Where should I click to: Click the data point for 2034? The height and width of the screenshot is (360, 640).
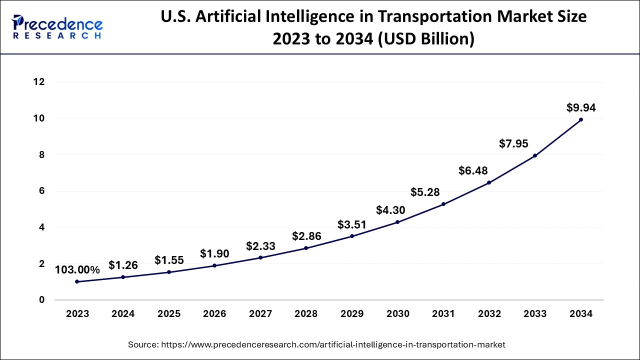pyautogui.click(x=580, y=119)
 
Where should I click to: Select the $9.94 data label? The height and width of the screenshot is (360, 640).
pyautogui.click(x=580, y=107)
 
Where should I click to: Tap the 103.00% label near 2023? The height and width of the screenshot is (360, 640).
pyautogui.click(x=77, y=270)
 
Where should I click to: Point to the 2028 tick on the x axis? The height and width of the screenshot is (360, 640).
pyautogui.click(x=306, y=314)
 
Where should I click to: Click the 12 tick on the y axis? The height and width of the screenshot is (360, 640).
pyautogui.click(x=38, y=82)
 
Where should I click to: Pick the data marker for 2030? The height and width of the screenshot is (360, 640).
pyautogui.click(x=397, y=222)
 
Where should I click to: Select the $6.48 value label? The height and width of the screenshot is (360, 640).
pyautogui.click(x=473, y=170)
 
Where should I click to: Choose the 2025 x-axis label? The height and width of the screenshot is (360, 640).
pyautogui.click(x=168, y=314)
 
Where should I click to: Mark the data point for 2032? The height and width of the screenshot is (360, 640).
pyautogui.click(x=489, y=182)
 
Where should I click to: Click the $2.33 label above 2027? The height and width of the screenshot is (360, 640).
pyautogui.click(x=260, y=246)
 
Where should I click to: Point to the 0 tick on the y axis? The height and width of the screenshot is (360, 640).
pyautogui.click(x=41, y=300)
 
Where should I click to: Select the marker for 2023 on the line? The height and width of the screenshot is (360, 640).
pyautogui.click(x=77, y=281)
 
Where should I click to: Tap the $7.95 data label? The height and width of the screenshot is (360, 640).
pyautogui.click(x=513, y=144)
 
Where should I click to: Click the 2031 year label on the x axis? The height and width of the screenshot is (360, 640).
pyautogui.click(x=443, y=314)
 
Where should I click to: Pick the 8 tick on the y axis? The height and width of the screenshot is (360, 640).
pyautogui.click(x=41, y=155)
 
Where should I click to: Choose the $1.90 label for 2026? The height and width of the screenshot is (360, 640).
pyautogui.click(x=214, y=254)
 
